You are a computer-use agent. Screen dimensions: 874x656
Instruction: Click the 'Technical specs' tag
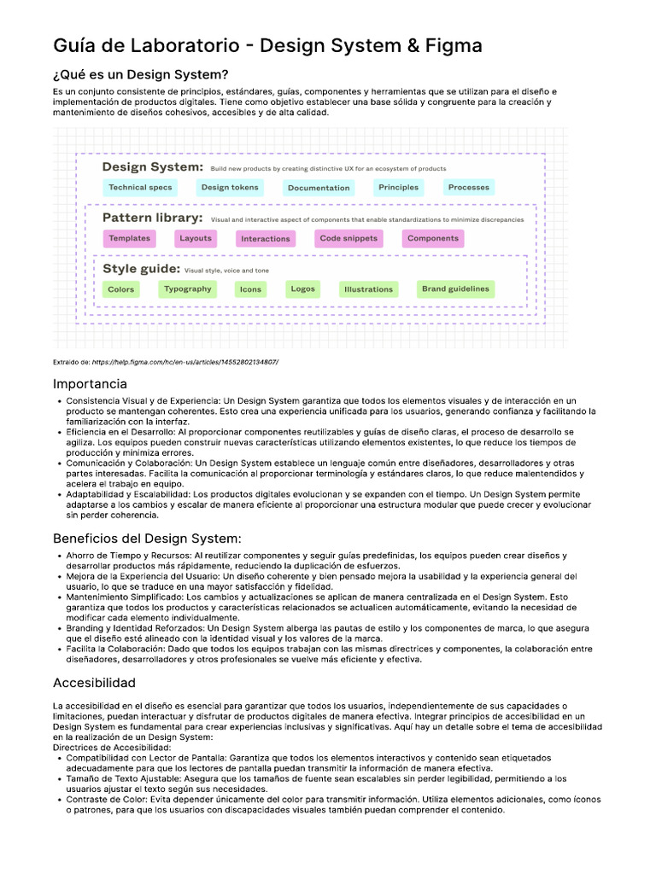(140, 188)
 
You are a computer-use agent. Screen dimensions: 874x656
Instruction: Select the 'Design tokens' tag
(230, 188)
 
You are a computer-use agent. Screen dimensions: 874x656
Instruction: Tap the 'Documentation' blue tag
(319, 188)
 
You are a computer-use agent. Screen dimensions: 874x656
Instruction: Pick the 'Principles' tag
(398, 188)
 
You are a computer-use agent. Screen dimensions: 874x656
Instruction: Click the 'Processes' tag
(469, 188)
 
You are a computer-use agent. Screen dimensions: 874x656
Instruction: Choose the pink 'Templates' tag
(129, 239)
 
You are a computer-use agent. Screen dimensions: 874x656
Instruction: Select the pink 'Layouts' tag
(196, 239)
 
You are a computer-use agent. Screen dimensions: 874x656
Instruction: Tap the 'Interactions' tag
(266, 239)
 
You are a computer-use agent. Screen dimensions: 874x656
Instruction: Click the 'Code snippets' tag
(348, 239)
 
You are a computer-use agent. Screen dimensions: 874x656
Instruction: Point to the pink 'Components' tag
(433, 239)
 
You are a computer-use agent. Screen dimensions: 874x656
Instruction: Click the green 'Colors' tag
(121, 289)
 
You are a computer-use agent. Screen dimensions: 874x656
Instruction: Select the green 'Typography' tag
(188, 289)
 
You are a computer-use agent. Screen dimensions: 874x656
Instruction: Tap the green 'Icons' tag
(250, 289)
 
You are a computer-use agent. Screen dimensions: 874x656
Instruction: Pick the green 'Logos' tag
(302, 289)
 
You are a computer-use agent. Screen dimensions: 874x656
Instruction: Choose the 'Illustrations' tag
(368, 289)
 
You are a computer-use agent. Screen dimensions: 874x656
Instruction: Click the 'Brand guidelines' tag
(455, 289)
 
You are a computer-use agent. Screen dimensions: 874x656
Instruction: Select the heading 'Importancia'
(90, 384)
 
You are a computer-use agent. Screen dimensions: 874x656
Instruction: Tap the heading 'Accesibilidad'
(94, 683)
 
